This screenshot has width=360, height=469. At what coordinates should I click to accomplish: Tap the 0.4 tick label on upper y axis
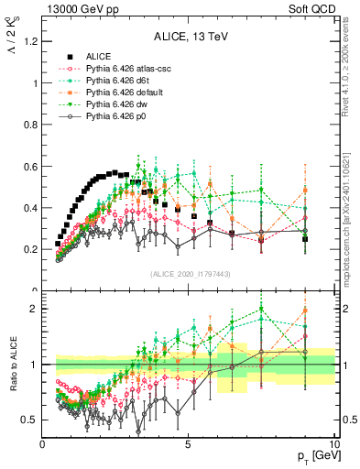click(31, 208)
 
